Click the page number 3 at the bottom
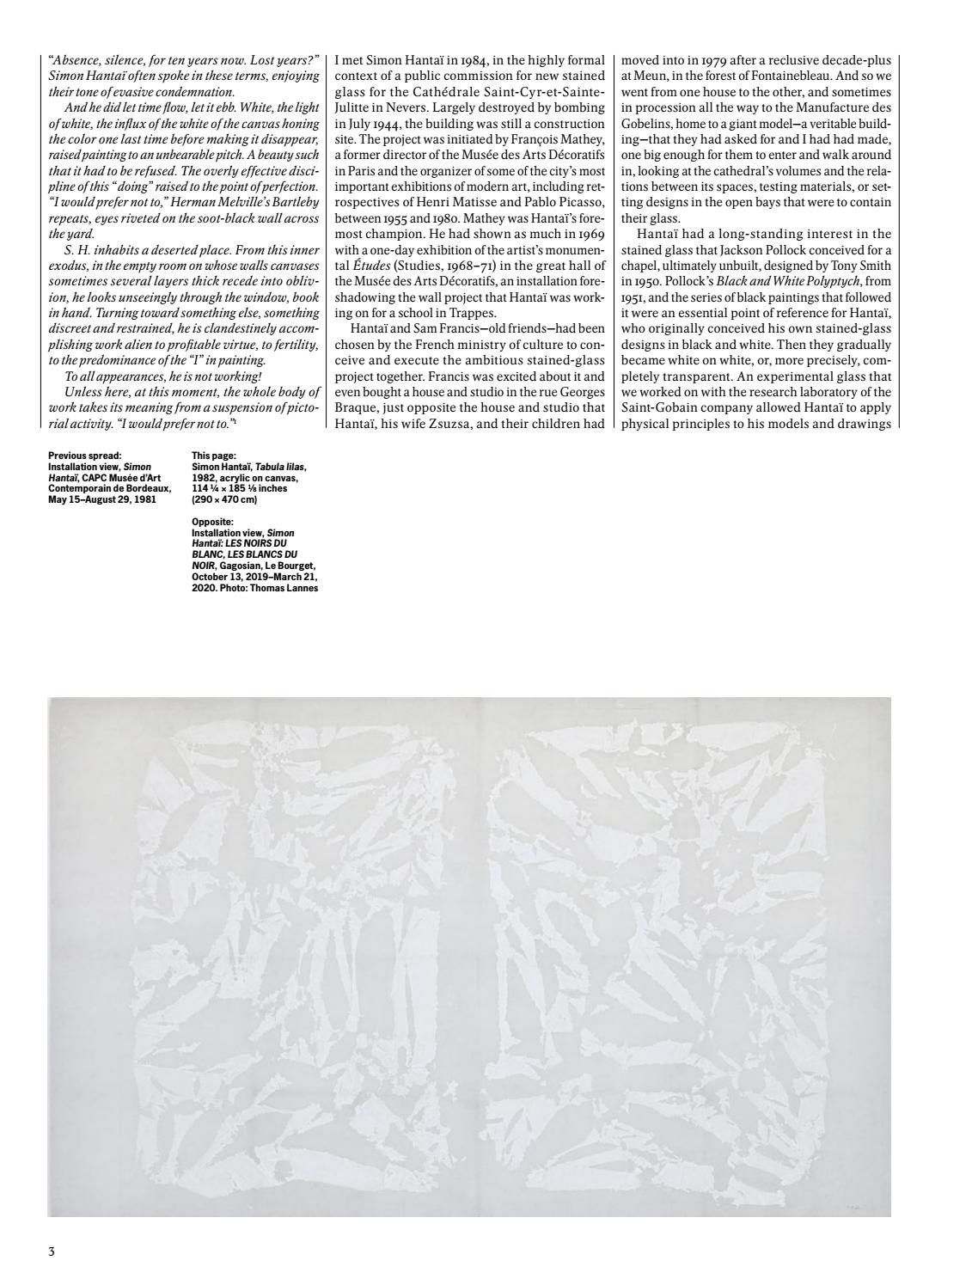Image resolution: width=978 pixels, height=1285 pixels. coord(52,1252)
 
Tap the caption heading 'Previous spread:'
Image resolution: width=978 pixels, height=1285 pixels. coord(84,456)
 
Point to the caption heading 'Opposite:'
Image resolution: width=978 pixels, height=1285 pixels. coord(213,522)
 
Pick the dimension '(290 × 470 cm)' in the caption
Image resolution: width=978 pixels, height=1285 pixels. coord(224,499)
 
